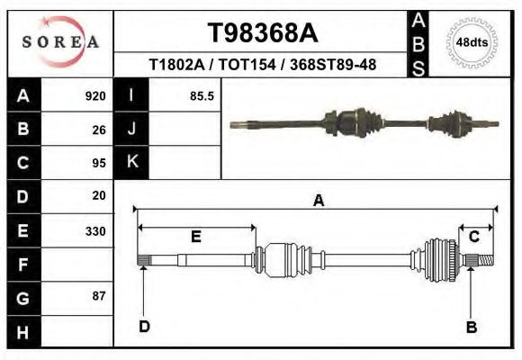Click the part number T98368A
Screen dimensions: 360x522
(263, 33)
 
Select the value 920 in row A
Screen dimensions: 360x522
(95, 95)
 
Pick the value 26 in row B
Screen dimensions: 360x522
(99, 129)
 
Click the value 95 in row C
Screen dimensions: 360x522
(99, 163)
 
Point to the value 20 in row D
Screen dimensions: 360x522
(99, 195)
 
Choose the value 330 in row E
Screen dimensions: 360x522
(95, 230)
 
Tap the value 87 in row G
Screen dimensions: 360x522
(99, 296)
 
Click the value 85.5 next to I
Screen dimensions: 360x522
(202, 95)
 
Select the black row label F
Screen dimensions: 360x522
(23, 265)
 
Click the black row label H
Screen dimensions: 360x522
(23, 332)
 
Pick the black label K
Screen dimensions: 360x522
(131, 162)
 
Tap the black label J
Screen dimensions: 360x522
(131, 129)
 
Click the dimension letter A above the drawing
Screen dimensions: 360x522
(318, 202)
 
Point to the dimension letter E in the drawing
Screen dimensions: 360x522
(195, 237)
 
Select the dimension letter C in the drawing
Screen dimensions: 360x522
(473, 237)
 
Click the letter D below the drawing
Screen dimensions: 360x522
(144, 327)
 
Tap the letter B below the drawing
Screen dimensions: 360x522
(471, 327)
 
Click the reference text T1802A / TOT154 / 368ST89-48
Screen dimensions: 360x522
(262, 65)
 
